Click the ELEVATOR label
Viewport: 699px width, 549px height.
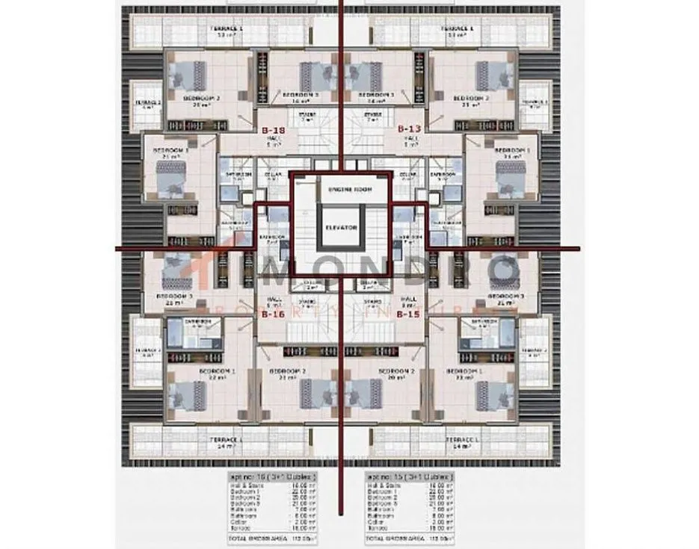point(341,227)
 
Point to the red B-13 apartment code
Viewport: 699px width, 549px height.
point(408,128)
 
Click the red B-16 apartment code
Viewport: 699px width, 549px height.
point(272,314)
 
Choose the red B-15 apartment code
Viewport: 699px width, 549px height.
point(408,314)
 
